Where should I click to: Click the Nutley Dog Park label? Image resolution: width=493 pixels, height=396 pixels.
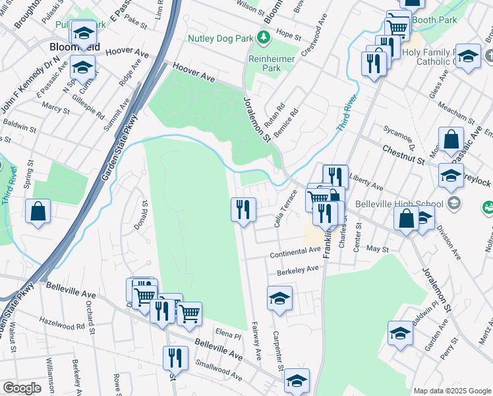(x=220, y=38)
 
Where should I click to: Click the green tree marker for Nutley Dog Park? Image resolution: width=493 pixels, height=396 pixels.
(x=264, y=38)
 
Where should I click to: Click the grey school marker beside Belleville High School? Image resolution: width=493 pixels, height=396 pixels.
(x=453, y=202)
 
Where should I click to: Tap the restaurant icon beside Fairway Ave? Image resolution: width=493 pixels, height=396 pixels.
(x=243, y=210)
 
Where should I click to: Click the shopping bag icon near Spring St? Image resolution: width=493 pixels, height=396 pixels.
(x=38, y=211)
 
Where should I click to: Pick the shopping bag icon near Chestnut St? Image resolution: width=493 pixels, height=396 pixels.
(x=451, y=139)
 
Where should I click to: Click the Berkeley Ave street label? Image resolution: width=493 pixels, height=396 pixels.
(x=298, y=269)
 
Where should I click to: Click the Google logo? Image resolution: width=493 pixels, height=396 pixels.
(x=22, y=387)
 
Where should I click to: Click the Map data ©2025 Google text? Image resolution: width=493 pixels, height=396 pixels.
(x=451, y=391)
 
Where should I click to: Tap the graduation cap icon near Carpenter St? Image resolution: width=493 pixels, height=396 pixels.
(x=279, y=298)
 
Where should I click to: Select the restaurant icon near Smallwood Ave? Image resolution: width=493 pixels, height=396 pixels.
(x=175, y=358)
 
